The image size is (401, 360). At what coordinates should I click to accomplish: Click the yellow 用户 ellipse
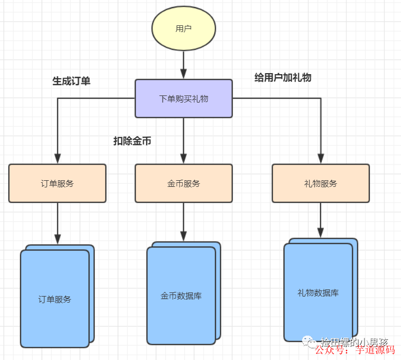183,29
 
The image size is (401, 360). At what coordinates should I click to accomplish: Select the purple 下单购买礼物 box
183,99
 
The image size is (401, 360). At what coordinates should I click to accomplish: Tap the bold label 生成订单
72,81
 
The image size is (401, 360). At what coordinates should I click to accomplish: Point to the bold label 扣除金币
132,141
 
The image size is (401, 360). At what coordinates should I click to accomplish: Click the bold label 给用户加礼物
283,78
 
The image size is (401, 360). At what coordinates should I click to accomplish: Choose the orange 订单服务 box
57,183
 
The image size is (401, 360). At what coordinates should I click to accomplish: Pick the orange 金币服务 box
183,183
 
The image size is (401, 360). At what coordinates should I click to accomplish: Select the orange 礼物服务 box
321,183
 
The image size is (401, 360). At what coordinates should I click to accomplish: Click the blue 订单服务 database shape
55,299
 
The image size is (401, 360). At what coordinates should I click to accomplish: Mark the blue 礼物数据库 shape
318,292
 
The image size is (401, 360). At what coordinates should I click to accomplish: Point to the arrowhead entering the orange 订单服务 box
57,158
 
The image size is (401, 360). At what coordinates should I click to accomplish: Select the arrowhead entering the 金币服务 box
183,158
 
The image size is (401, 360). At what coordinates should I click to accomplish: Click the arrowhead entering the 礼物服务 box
321,158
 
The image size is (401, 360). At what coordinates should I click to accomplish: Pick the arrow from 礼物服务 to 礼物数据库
321,219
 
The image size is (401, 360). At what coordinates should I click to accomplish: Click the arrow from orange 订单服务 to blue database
57,222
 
